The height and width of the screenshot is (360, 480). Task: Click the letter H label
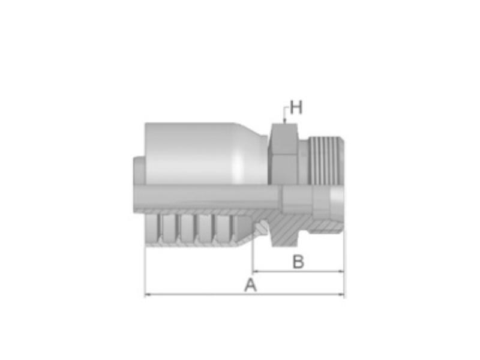pyautogui.click(x=296, y=107)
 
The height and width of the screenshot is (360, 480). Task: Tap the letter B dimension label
pyautogui.click(x=298, y=262)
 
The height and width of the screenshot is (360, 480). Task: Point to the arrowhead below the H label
pyautogui.click(x=284, y=121)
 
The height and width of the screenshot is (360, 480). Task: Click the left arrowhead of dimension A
pyautogui.click(x=148, y=295)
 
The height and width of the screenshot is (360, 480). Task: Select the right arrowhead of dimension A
pyautogui.click(x=340, y=295)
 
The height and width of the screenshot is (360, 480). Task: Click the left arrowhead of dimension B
pyautogui.click(x=256, y=271)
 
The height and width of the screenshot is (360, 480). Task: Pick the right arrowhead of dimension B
pyautogui.click(x=340, y=271)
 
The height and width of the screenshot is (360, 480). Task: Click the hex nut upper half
pyautogui.click(x=283, y=154)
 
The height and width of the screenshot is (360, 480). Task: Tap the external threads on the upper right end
pyautogui.click(x=326, y=160)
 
